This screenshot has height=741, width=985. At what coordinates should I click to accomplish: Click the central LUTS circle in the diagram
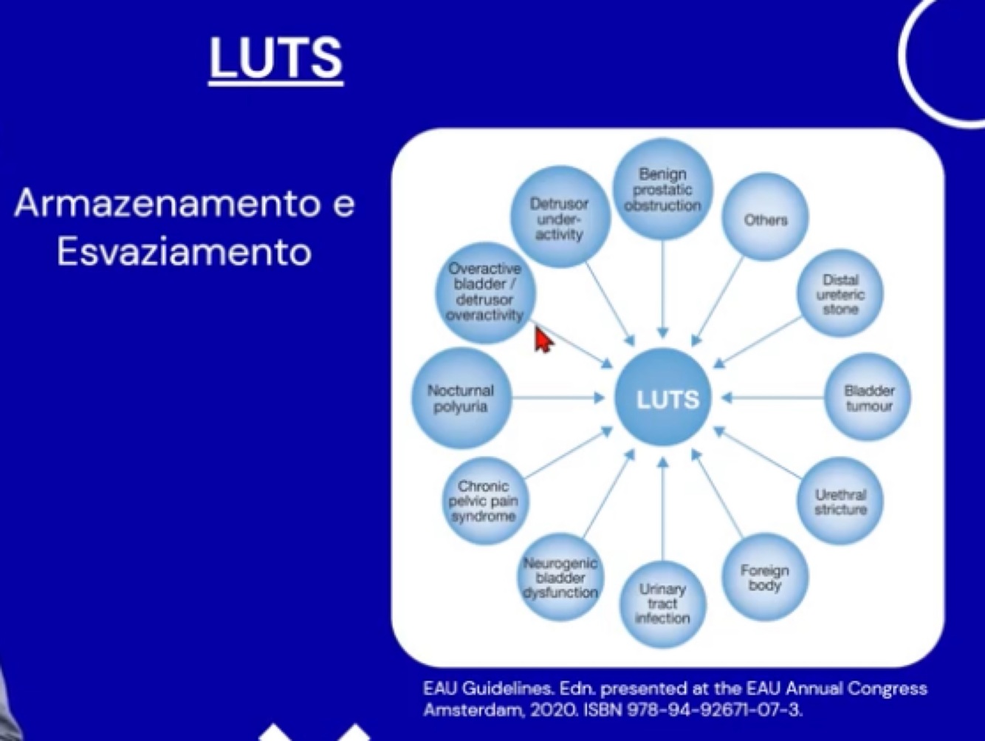pos(663,399)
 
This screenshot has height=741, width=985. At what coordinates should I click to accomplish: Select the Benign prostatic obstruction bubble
pos(662,189)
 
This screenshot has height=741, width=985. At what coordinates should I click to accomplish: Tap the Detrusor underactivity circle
pos(559,218)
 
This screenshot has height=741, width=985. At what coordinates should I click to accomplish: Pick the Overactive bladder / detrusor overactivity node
pos(484,293)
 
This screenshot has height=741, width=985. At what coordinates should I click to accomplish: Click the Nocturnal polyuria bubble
pos(461,398)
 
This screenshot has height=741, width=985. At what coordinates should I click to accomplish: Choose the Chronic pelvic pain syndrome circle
pos(484,501)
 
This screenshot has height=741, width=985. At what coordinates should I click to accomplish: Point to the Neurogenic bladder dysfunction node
pos(560,578)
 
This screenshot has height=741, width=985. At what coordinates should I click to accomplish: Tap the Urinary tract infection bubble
pos(662,603)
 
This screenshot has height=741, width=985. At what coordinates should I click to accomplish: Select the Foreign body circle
pos(764,578)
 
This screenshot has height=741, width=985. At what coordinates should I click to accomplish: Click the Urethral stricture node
pos(840,502)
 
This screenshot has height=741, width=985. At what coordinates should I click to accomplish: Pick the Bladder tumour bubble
pos(868,398)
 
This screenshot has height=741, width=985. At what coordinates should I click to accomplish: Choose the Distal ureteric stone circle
pos(840,294)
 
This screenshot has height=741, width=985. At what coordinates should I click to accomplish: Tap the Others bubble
pos(765,219)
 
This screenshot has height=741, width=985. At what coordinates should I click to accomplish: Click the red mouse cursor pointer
pos(543,341)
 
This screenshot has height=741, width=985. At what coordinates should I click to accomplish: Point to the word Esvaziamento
pos(184,252)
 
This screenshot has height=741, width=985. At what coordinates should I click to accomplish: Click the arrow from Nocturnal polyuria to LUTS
pos(558,398)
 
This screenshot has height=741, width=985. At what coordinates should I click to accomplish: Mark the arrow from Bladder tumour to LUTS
pos(772,398)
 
